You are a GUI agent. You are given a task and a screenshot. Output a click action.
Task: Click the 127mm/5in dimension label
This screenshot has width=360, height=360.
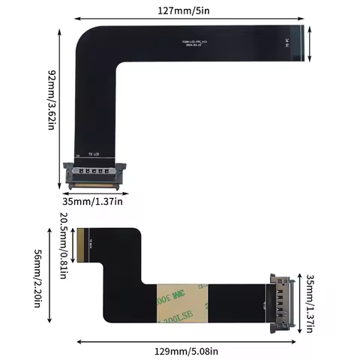coord(184,10)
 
